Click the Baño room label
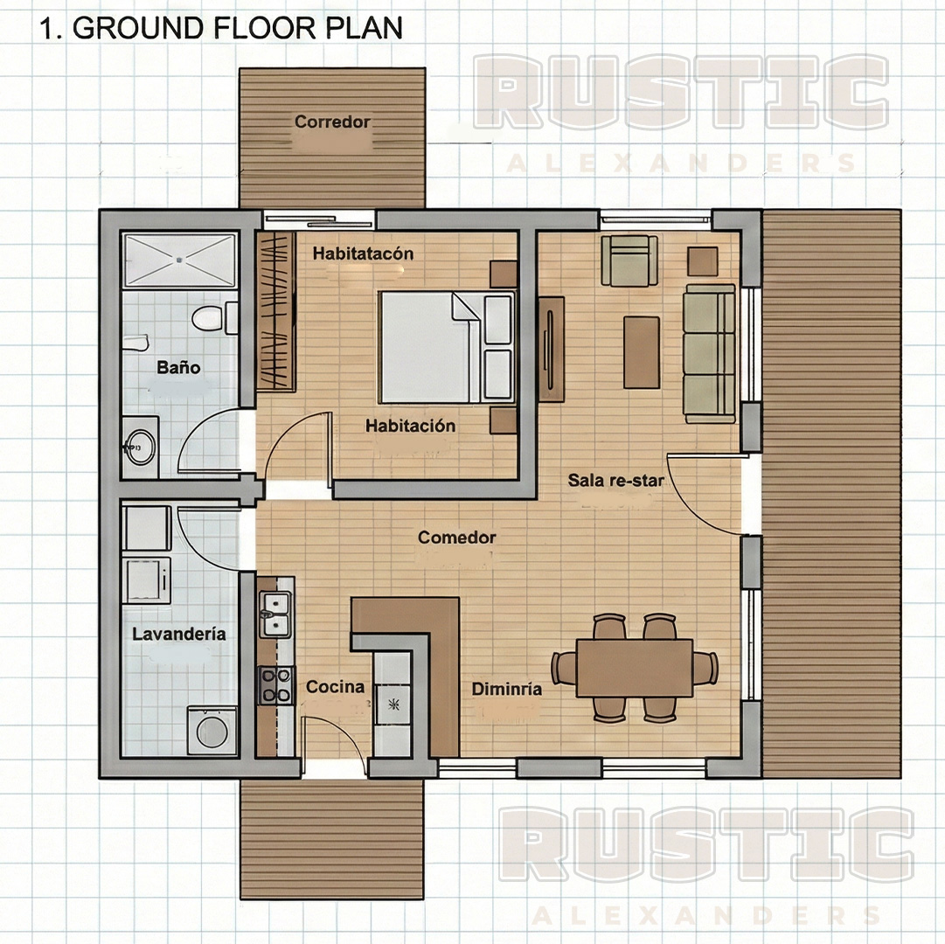pyautogui.click(x=178, y=367)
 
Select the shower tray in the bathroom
pyautogui.click(x=179, y=260)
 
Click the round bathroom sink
pyautogui.click(x=138, y=448)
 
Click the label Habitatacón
pyautogui.click(x=363, y=253)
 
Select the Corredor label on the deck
pyautogui.click(x=332, y=121)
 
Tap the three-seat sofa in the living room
pyautogui.click(x=709, y=353)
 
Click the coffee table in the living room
pyautogui.click(x=642, y=351)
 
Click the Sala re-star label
pyautogui.click(x=615, y=480)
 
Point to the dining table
pyautogui.click(x=635, y=668)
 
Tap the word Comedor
pyautogui.click(x=456, y=538)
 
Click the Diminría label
pyautogui.click(x=507, y=689)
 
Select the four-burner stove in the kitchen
pyautogui.click(x=275, y=684)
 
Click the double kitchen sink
pyautogui.click(x=274, y=613)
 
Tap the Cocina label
pyautogui.click(x=335, y=687)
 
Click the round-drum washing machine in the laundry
pyautogui.click(x=211, y=730)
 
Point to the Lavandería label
pyautogui.click(x=178, y=634)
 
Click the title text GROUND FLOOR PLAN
pyautogui.click(x=237, y=27)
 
